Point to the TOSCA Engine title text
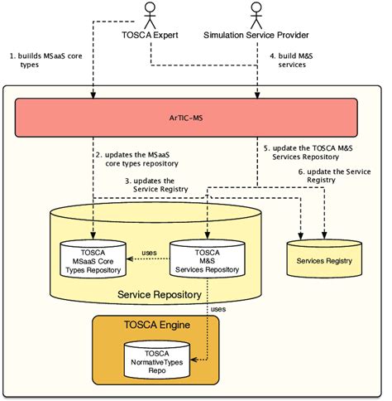156,326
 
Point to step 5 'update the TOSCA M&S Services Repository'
314,152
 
